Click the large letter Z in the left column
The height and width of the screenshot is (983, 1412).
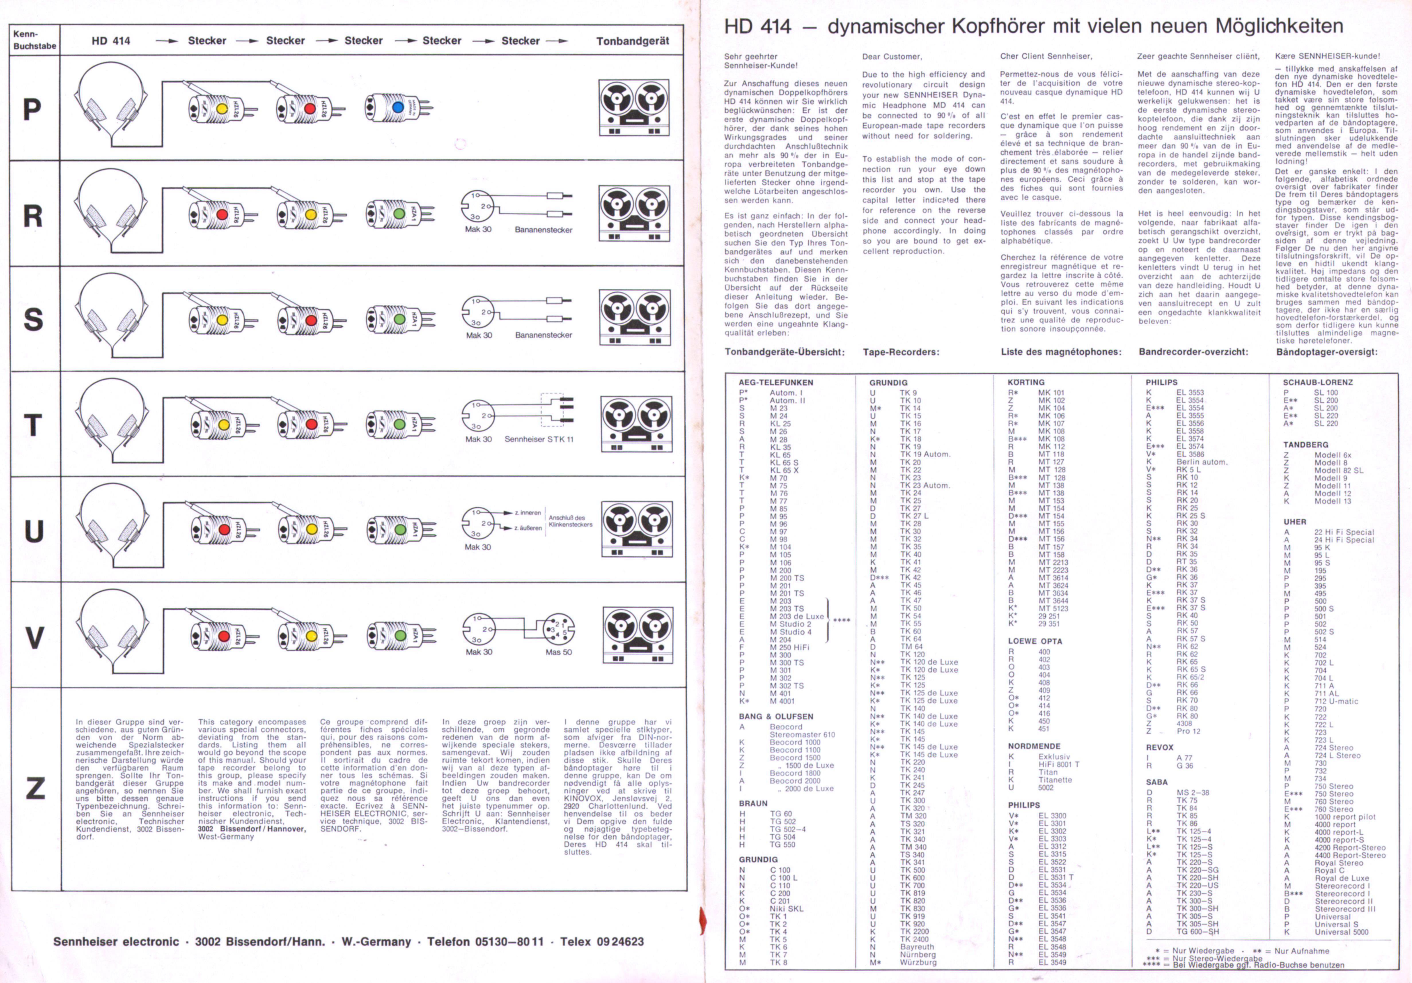(x=35, y=788)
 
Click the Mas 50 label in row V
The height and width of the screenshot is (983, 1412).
(x=558, y=652)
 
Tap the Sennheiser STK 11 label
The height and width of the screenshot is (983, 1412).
(x=539, y=439)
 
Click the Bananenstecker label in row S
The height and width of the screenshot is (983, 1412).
(x=544, y=335)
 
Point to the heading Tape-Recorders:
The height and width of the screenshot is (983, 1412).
(x=900, y=352)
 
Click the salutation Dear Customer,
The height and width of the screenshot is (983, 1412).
(x=892, y=57)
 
